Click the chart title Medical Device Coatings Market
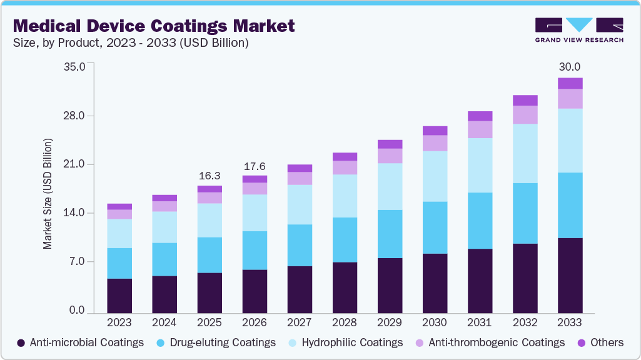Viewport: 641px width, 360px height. (x=153, y=26)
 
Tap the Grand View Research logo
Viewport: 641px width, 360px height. (x=578, y=29)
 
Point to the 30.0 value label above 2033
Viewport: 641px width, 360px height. (x=570, y=67)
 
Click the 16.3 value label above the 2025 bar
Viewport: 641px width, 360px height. (x=209, y=176)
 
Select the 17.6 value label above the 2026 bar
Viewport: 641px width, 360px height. (x=255, y=166)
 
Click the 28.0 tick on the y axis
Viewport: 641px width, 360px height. (x=81, y=116)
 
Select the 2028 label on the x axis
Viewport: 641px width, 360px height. (x=345, y=323)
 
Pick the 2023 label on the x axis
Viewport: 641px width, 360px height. (x=119, y=323)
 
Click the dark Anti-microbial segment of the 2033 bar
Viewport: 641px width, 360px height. (x=570, y=275)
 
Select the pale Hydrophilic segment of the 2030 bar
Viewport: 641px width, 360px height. (x=435, y=176)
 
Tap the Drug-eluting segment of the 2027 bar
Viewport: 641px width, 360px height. (x=300, y=245)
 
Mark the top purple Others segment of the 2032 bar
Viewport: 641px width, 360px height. (x=525, y=100)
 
